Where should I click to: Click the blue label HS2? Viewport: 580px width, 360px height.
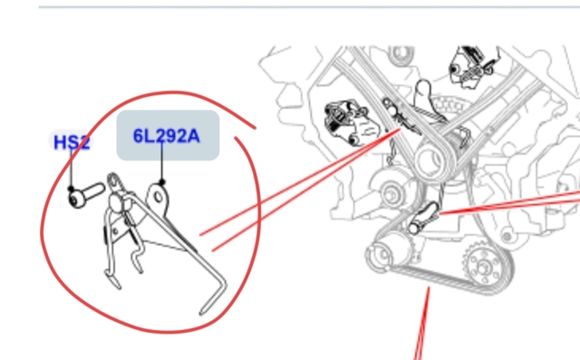[72, 142]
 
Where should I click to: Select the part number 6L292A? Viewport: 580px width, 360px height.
[167, 136]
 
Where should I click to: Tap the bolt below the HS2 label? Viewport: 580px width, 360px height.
[87, 195]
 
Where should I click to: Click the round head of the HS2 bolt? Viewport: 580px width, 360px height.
[76, 199]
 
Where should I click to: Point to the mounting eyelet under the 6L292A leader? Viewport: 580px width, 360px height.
[158, 197]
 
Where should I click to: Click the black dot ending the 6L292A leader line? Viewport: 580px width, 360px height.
[161, 182]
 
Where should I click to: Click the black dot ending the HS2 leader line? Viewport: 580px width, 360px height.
[71, 189]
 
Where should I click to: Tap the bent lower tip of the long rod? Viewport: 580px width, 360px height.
[213, 302]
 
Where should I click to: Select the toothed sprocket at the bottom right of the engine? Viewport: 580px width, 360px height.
[484, 266]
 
